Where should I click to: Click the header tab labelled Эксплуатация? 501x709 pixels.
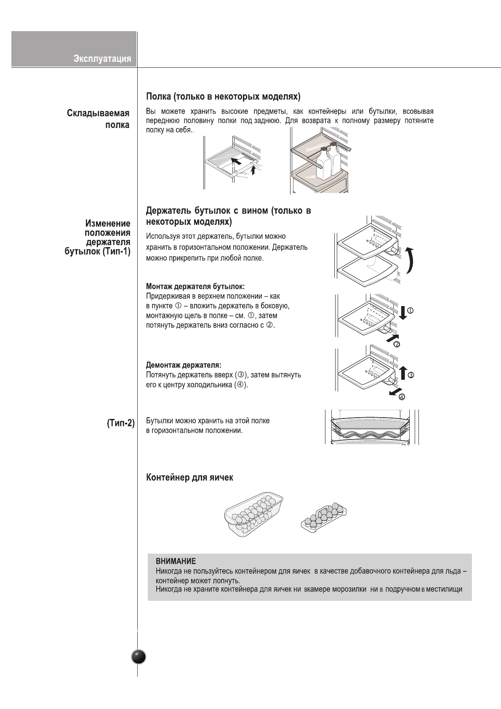[102, 59]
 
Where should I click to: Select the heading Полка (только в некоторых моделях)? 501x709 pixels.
[223, 96]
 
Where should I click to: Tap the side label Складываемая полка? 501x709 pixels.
[98, 119]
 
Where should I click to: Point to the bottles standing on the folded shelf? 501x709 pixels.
[329, 160]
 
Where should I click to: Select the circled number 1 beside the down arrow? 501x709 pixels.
[410, 311]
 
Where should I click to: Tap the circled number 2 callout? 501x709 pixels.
[397, 344]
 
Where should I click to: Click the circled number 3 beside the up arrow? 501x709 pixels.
[411, 374]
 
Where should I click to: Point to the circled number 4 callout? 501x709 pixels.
[402, 397]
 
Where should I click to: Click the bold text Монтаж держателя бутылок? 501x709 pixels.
[195, 286]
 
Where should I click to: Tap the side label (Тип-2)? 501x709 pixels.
[120, 424]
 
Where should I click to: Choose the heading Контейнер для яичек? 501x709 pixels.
[189, 477]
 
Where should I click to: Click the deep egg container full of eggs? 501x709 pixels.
[254, 514]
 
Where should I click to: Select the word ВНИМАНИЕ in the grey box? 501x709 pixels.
[176, 561]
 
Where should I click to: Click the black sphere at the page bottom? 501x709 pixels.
[139, 657]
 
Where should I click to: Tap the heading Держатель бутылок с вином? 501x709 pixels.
[228, 216]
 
